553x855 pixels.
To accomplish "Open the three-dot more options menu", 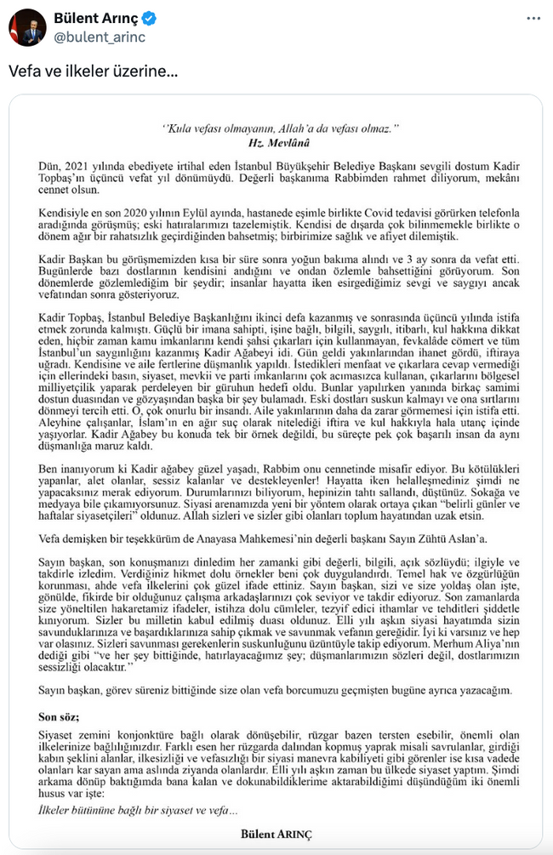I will [x=532, y=19].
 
